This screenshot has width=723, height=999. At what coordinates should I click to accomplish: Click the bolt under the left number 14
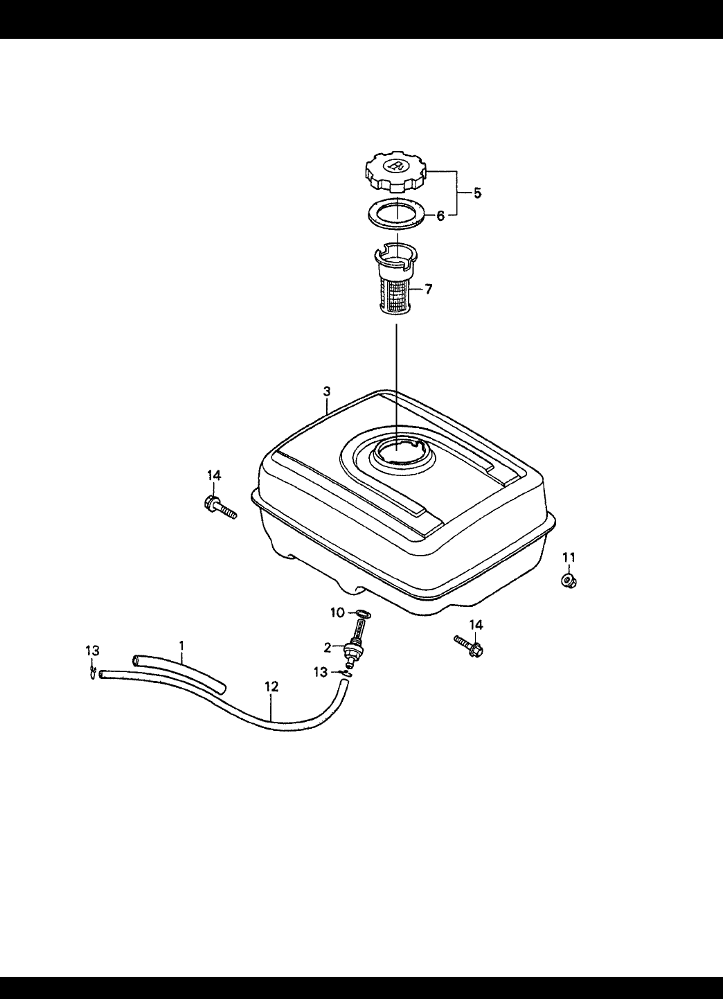[220, 508]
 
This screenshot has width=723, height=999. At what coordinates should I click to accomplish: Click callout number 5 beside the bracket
[477, 193]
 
